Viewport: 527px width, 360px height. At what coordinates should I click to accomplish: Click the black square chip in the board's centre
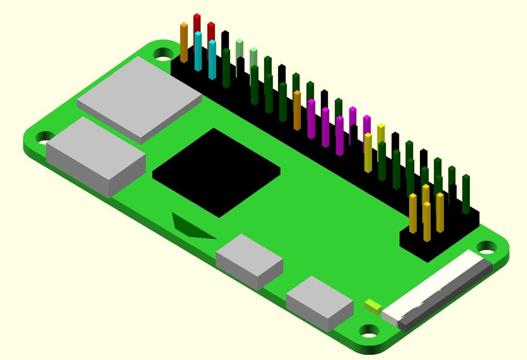[x=216, y=172]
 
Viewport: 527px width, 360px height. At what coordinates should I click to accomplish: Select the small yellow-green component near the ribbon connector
[x=373, y=306]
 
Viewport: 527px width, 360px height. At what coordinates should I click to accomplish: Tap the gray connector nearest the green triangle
[x=249, y=260]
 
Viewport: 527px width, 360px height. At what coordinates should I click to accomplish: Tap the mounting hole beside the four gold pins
[x=485, y=247]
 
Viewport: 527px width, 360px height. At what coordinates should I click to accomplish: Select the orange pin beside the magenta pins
[x=297, y=110]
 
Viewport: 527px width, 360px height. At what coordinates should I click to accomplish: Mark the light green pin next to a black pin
[x=239, y=49]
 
